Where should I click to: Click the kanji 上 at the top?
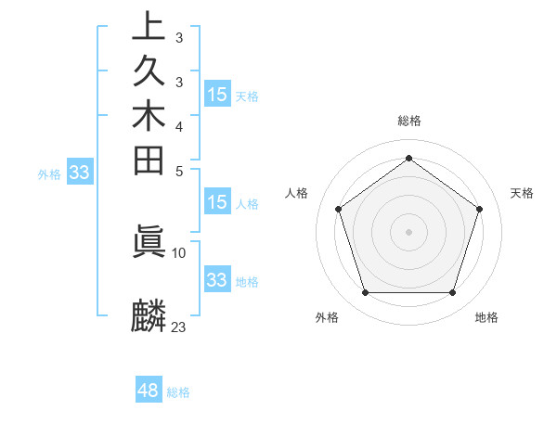tap(149, 27)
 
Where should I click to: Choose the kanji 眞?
tap(149, 241)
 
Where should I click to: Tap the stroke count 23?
tap(179, 327)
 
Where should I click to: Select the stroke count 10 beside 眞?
tap(179, 251)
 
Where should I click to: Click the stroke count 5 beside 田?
tap(179, 170)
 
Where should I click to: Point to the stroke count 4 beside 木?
tap(179, 125)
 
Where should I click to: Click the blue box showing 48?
tap(149, 391)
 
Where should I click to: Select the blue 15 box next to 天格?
tap(216, 94)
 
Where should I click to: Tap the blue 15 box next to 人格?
tap(216, 202)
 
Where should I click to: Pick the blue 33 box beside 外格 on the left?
tap(80, 172)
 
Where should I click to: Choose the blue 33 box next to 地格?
tap(216, 279)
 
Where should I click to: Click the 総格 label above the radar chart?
tap(409, 121)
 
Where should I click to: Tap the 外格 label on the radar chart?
tap(327, 317)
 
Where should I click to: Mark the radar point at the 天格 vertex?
tap(480, 209)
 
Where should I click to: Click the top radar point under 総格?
tap(409, 158)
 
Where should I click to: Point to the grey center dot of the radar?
tap(409, 232)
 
